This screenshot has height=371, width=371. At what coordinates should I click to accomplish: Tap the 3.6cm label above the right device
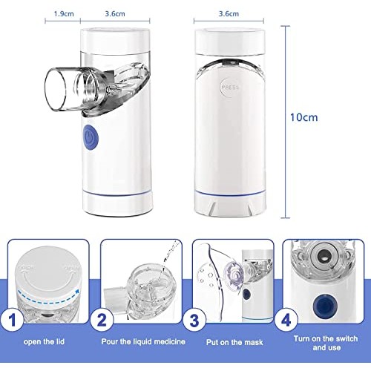pos(229,13)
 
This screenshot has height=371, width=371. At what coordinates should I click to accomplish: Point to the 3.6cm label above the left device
pos(115,13)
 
